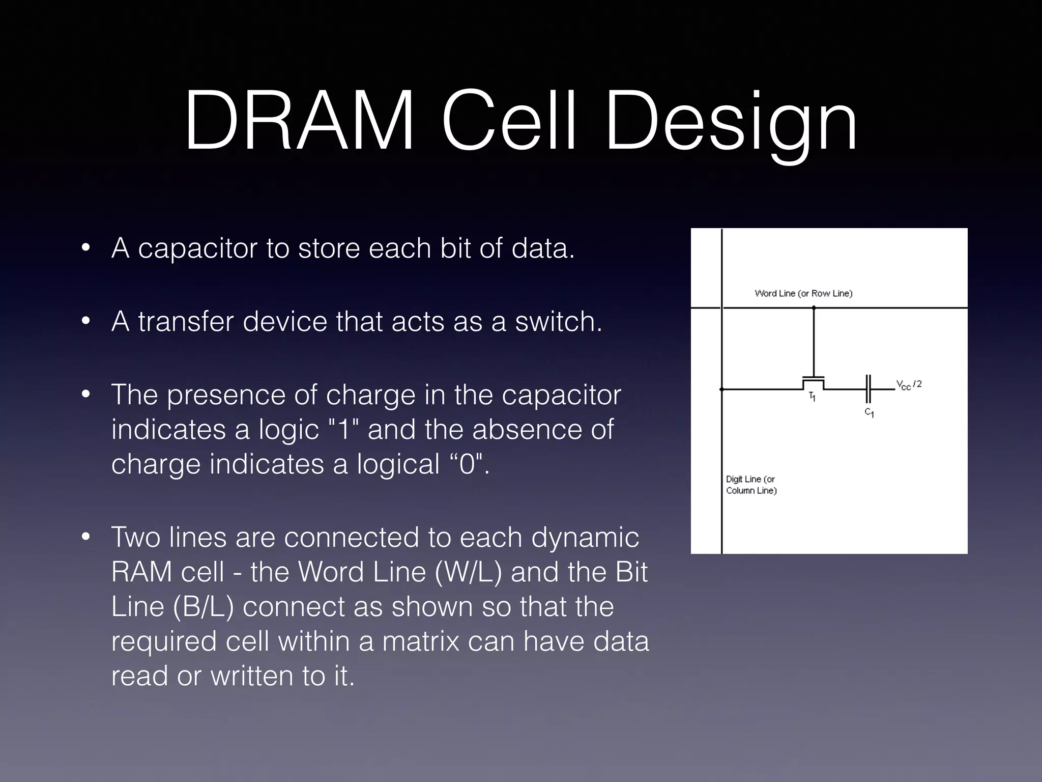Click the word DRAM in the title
tap(299, 122)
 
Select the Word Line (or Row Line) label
tap(803, 293)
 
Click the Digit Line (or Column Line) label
tap(751, 485)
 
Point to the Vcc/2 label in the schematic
tap(909, 385)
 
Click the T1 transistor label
tap(812, 397)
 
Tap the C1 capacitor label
tap(869, 413)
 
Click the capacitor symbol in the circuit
tap(869, 389)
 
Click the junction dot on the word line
tap(814, 308)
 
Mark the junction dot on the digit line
tap(721, 389)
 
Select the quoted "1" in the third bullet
tap(344, 429)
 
